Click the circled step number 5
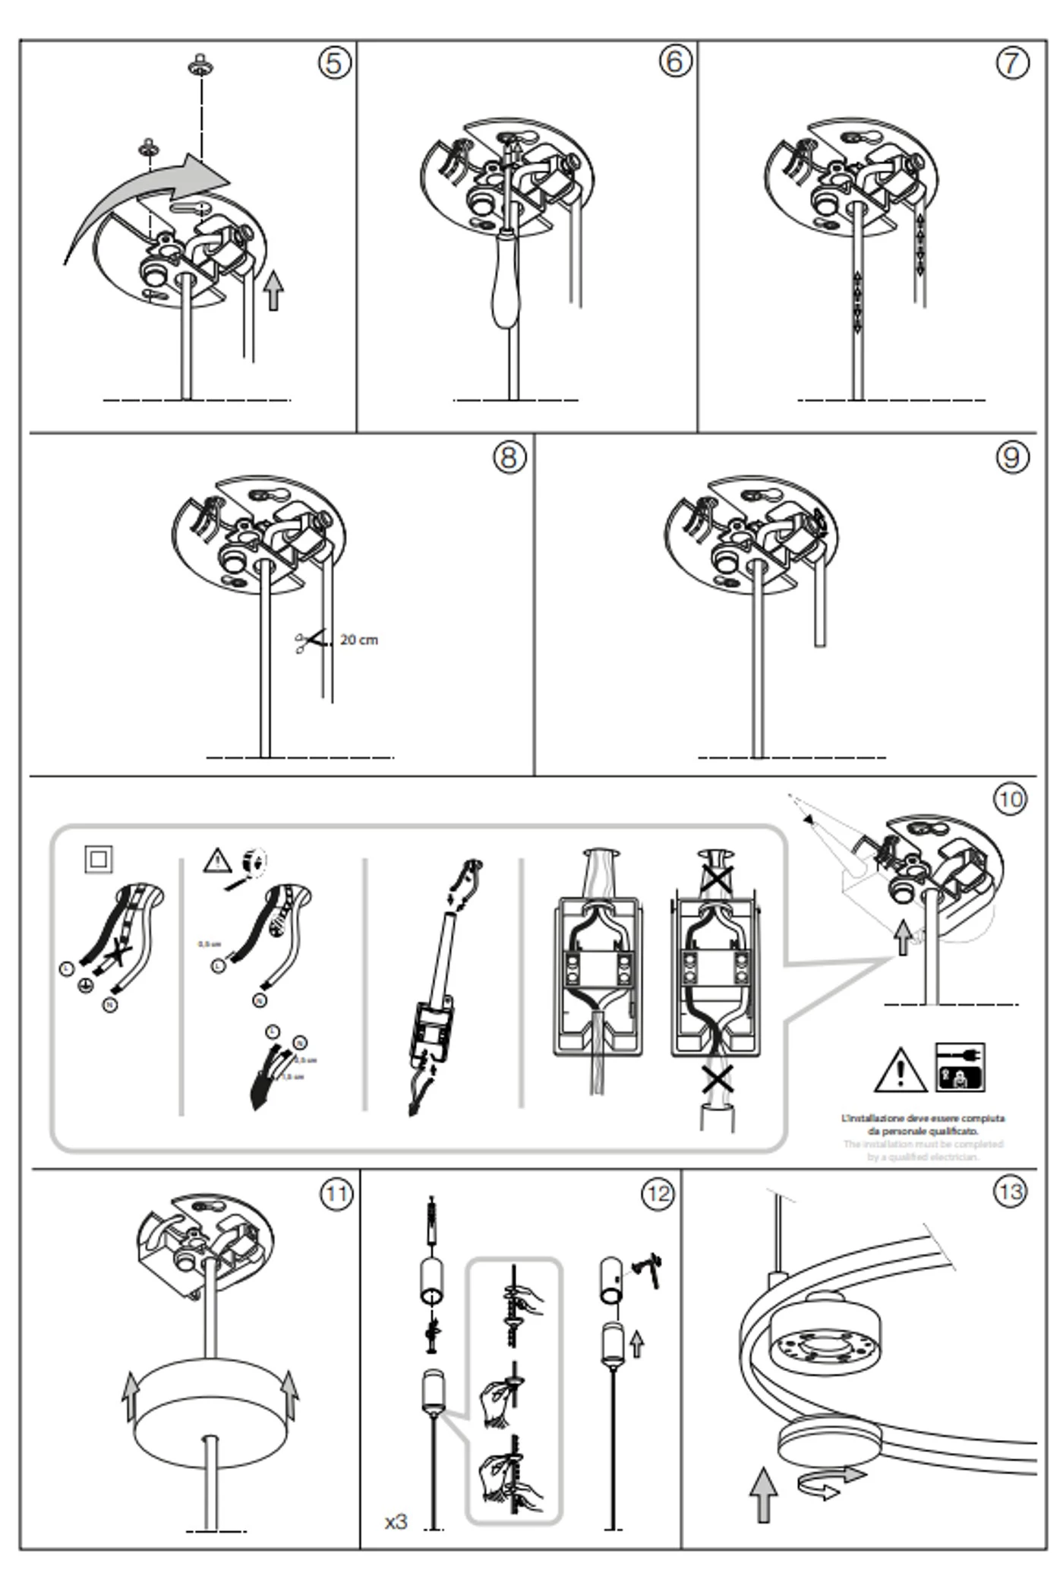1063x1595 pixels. (334, 62)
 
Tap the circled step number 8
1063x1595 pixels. (509, 457)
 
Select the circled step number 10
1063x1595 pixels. (1011, 799)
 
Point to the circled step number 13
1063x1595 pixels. (1011, 1192)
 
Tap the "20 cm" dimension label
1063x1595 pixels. (359, 640)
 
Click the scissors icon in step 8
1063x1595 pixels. (305, 643)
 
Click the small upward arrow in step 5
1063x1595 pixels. (274, 290)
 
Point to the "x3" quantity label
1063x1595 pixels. (396, 1522)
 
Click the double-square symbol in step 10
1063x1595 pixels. (99, 859)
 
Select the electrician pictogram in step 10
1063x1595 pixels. (960, 1067)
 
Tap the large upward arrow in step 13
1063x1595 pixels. (764, 1493)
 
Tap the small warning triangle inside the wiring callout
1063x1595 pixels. (217, 861)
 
